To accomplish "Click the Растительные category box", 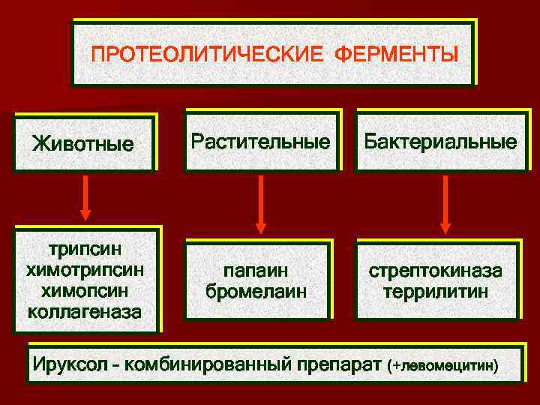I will [x=260, y=141].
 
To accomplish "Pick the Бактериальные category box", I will [x=441, y=142].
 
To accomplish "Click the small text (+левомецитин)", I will [x=442, y=367].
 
